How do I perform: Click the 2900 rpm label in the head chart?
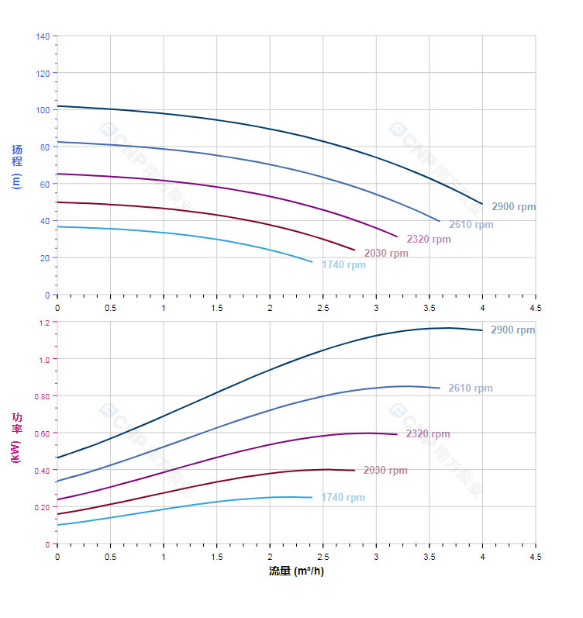[x=513, y=207]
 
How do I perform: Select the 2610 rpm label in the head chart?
[x=471, y=225]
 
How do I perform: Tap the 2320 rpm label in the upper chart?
[x=428, y=240]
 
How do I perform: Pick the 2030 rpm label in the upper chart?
[x=386, y=254]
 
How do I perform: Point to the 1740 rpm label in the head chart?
[x=343, y=265]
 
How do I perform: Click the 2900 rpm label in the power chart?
[x=512, y=330]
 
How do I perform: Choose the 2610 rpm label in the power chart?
[x=471, y=388]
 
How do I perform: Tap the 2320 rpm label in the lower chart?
[x=428, y=434]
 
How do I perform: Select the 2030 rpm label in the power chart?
[x=385, y=471]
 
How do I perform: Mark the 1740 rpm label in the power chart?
[x=343, y=498]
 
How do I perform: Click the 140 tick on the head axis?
[x=42, y=36]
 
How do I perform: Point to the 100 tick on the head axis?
[x=42, y=110]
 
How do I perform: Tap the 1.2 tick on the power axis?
[x=43, y=323]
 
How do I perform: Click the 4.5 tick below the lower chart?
[x=536, y=557]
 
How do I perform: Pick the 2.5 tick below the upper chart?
[x=323, y=308]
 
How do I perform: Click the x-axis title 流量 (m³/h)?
[x=296, y=571]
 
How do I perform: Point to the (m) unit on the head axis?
[x=16, y=181]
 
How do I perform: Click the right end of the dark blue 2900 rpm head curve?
[x=482, y=204]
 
